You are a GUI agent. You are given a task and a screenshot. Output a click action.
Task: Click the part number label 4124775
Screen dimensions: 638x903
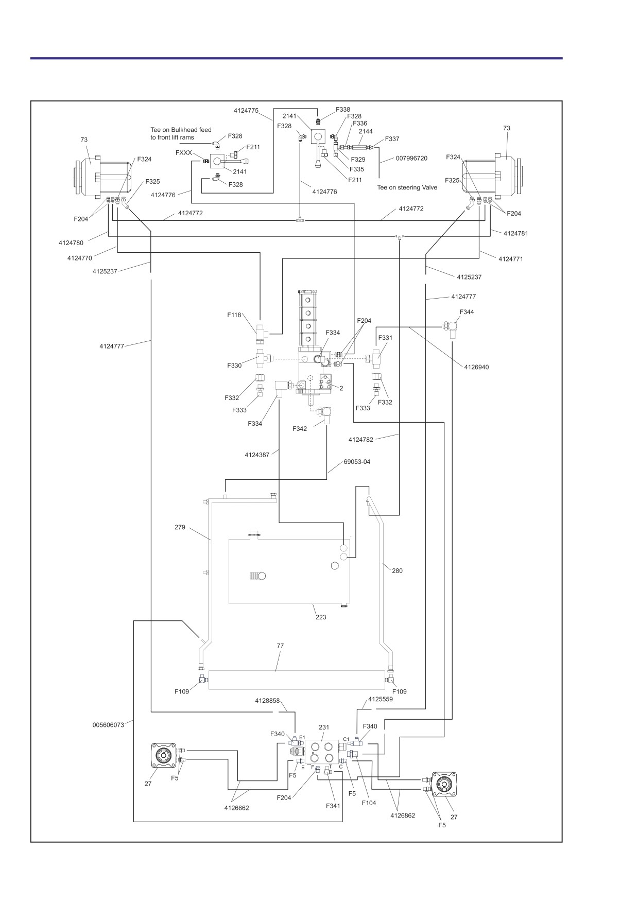pos(246,110)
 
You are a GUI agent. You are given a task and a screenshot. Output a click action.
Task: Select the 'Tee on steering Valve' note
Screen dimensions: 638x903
pos(407,187)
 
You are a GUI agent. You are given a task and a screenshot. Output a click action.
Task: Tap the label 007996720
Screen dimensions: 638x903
pos(412,158)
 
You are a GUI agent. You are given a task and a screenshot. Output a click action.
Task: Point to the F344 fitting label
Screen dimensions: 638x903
pos(467,312)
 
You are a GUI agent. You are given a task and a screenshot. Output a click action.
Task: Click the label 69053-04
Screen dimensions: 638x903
pos(357,462)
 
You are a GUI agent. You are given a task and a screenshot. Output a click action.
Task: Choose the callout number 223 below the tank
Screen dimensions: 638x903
pos(321,617)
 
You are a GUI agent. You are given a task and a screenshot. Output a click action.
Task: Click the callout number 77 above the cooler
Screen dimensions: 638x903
pos(280,646)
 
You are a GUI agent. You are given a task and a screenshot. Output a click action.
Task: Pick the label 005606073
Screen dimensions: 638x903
pos(109,725)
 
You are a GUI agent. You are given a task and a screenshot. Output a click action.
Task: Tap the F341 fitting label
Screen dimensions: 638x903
pos(333,806)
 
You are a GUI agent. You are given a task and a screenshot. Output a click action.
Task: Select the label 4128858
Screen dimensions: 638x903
pos(267,701)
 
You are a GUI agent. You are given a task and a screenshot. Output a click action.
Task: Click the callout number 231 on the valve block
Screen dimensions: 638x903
pos(324,727)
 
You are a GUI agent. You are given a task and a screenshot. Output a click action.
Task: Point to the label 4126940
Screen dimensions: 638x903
pos(476,367)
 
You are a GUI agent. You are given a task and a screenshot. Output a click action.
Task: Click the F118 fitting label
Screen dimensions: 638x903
pos(234,315)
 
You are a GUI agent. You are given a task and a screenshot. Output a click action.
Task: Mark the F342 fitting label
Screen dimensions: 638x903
pos(300,429)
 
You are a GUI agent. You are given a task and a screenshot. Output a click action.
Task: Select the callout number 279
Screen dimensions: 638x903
pos(180,527)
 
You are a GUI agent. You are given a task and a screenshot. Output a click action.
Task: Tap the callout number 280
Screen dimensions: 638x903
pos(397,570)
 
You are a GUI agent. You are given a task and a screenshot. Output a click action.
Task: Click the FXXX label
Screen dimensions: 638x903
pos(184,153)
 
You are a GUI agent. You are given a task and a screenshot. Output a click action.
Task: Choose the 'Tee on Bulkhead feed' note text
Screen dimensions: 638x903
pos(181,130)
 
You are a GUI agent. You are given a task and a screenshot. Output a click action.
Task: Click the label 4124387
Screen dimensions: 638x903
pos(257,455)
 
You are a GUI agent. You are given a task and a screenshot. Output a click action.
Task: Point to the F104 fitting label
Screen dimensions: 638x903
pos(369,803)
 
